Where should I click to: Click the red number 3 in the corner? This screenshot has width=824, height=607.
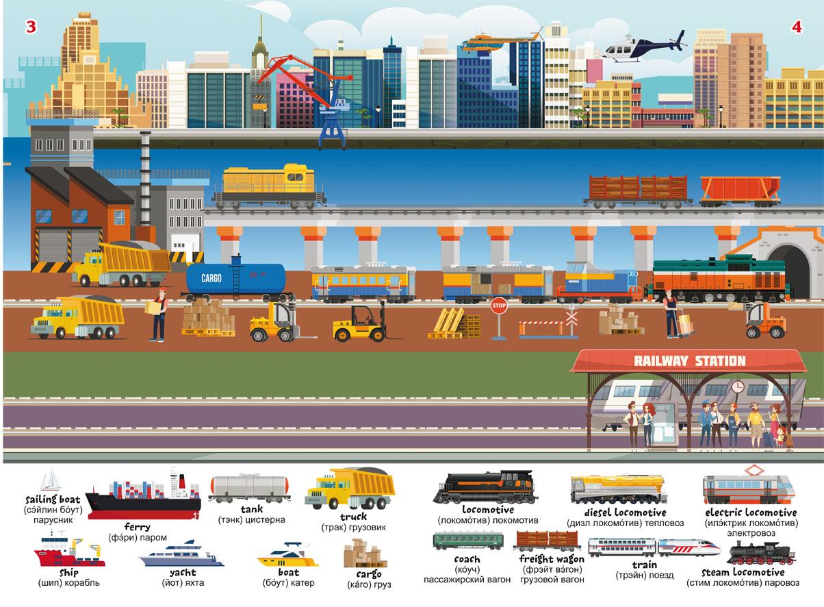31,27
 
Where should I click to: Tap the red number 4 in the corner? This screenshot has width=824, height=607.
797,27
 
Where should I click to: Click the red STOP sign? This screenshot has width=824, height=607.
499,306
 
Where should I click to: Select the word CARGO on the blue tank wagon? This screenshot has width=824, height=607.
211,278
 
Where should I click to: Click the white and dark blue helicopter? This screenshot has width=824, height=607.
645,48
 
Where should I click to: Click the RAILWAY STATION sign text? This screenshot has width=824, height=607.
690,361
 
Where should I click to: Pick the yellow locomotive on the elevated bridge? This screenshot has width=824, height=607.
268,186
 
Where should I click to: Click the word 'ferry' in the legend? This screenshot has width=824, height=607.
137,526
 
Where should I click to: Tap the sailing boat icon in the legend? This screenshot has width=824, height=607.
51,479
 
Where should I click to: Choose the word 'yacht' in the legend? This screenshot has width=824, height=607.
183,572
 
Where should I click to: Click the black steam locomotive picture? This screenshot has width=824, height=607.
761,554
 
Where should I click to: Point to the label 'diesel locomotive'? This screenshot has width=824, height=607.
625,512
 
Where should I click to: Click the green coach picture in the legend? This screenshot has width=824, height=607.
468,541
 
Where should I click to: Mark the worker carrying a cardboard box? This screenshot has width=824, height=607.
159,314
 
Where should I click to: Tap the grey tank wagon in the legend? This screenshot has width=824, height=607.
249,488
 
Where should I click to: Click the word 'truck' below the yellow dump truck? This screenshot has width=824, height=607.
354,517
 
